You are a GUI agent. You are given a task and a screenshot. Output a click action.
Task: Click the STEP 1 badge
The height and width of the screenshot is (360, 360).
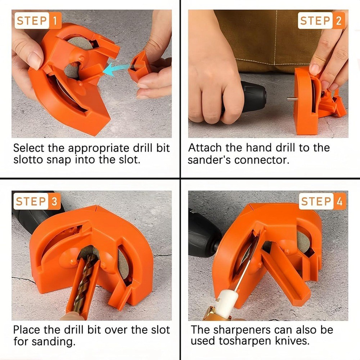tap(37, 21)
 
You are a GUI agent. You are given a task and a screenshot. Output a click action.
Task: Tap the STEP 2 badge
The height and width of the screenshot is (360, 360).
tap(321, 21)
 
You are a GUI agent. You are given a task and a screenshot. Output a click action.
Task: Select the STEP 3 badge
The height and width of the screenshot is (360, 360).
tap(37, 202)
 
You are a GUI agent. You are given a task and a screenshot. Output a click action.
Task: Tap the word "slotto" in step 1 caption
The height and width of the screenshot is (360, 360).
tap(30, 159)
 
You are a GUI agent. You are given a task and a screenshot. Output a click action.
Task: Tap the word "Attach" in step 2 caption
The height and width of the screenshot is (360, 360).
tap(205, 148)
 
